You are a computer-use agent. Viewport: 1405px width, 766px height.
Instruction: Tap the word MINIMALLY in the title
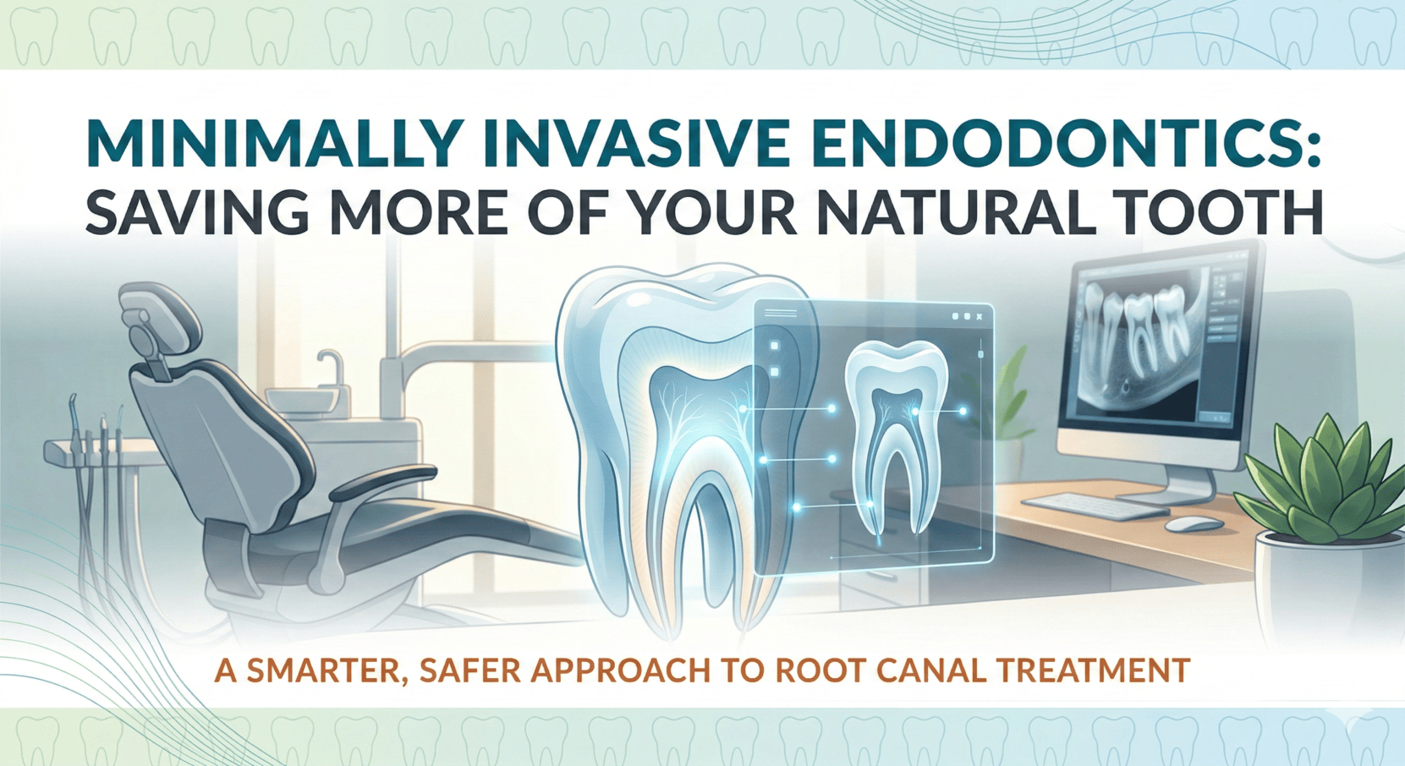(275, 145)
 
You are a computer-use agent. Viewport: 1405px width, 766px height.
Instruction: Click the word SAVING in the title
(197, 213)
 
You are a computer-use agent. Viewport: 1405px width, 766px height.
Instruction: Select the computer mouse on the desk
(1194, 524)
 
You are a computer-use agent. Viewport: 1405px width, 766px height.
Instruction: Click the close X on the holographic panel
(979, 316)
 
